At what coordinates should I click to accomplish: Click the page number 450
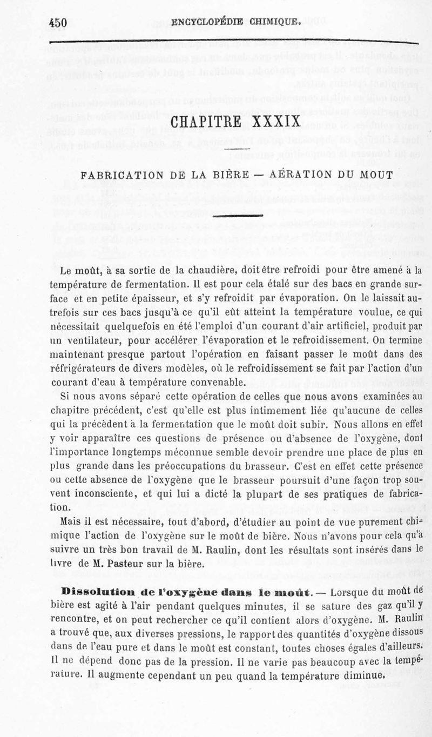[57, 23]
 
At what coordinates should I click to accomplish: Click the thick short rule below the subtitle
[239, 216]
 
